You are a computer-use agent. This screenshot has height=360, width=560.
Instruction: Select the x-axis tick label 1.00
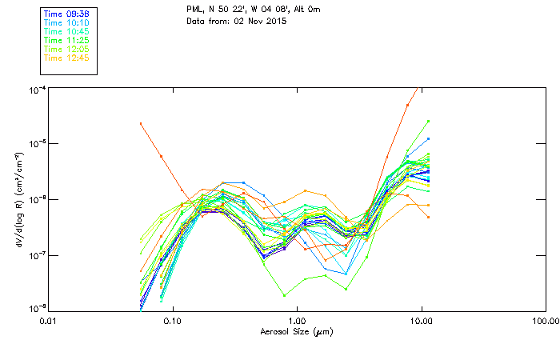pyautogui.click(x=297, y=320)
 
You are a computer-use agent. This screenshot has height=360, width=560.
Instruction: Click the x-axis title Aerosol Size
pyautogui.click(x=296, y=331)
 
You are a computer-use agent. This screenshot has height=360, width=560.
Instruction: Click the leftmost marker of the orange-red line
pyautogui.click(x=141, y=123)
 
